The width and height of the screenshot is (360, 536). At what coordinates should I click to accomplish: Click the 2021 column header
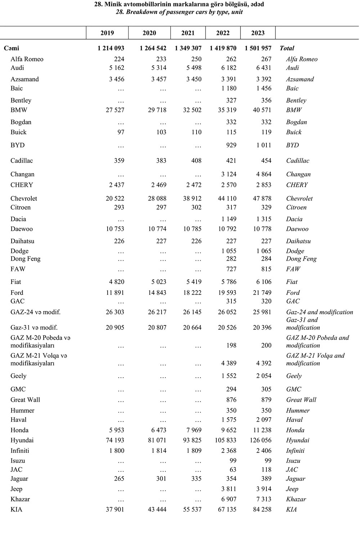click(188, 33)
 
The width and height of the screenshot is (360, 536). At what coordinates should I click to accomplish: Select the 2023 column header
click(258, 33)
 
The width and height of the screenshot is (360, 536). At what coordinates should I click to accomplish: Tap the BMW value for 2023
click(262, 110)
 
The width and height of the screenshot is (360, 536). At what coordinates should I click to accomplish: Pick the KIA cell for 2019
click(115, 509)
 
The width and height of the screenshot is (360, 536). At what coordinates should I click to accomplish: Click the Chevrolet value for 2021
click(192, 198)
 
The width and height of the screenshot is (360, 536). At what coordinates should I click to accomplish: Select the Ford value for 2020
click(157, 293)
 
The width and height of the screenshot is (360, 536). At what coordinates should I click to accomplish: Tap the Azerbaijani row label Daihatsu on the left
click(22, 241)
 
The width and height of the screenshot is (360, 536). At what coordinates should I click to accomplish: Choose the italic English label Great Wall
click(301, 400)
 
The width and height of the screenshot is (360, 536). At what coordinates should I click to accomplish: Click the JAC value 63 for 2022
click(232, 469)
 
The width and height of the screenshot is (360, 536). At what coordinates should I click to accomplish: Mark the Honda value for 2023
click(262, 430)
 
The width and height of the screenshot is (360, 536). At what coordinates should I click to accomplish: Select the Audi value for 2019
click(117, 68)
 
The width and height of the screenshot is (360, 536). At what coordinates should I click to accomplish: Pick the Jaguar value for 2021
click(196, 479)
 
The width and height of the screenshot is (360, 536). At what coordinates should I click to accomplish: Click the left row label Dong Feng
click(26, 259)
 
